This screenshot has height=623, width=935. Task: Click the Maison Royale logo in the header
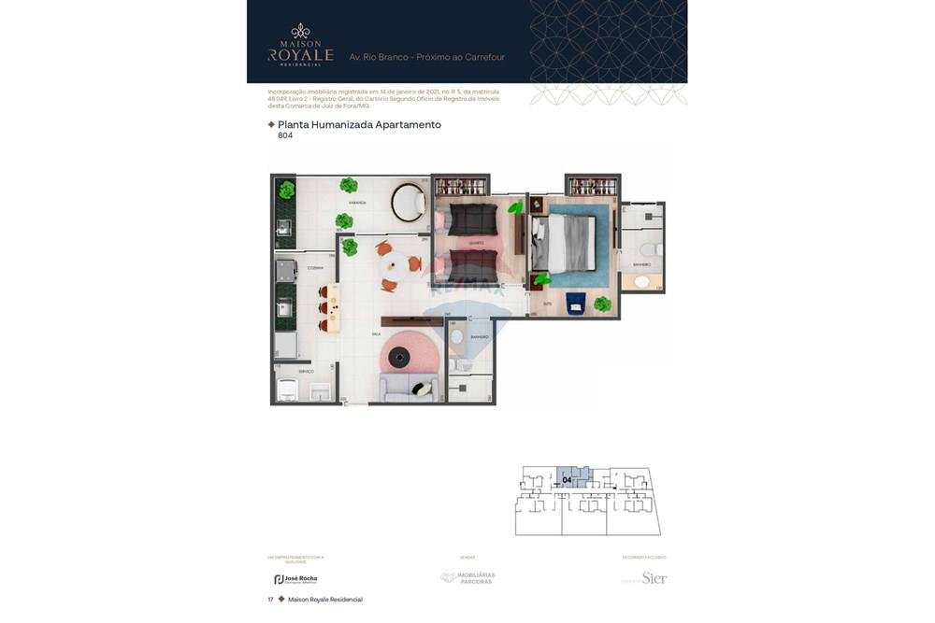coord(300,46)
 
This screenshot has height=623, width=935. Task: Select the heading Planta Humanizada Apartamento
coord(359,124)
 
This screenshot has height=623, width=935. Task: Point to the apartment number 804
coord(285,135)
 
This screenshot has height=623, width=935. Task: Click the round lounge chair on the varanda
coord(408,202)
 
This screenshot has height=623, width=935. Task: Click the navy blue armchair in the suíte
coord(575,303)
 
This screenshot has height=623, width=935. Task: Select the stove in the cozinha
coord(286,271)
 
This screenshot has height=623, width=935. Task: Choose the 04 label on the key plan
coord(568,480)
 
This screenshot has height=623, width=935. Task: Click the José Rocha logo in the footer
coord(295,579)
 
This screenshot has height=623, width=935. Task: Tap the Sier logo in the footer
coord(654,578)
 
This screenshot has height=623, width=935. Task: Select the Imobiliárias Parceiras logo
coord(467,578)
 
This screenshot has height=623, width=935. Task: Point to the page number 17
coord(270,600)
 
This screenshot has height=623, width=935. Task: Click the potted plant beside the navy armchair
coord(602,304)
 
